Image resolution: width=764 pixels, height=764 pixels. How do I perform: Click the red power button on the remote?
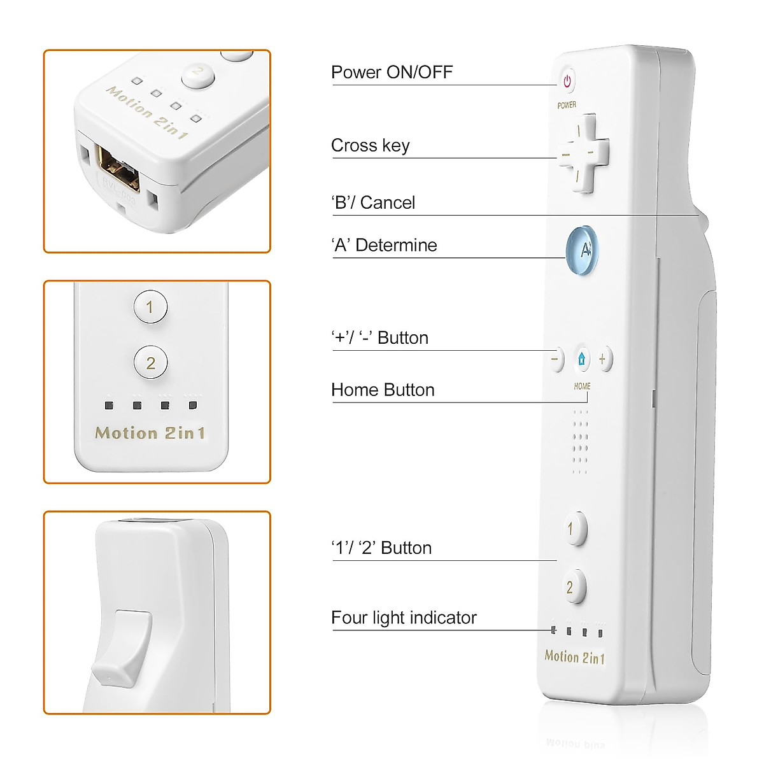[567, 81]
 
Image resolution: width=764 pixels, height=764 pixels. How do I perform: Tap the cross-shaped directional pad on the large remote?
[584, 153]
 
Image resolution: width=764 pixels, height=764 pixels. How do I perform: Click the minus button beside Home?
[556, 359]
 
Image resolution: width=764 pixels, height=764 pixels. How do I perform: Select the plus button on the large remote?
[603, 359]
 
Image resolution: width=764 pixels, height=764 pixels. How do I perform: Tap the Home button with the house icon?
[582, 359]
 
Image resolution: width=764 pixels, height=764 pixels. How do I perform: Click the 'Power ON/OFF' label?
[392, 72]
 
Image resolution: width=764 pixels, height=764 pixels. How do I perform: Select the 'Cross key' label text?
[370, 145]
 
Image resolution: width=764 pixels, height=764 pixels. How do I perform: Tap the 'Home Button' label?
[383, 390]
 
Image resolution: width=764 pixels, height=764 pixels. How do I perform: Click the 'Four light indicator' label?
[404, 618]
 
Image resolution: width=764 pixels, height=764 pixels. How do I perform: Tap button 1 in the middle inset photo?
[150, 307]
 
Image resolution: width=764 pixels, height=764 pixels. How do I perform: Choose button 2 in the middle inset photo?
[150, 363]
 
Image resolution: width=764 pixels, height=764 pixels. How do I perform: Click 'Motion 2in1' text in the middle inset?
[150, 433]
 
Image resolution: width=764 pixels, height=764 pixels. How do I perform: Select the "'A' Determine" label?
[384, 245]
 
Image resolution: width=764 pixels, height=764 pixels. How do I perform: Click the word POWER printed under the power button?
[567, 105]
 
